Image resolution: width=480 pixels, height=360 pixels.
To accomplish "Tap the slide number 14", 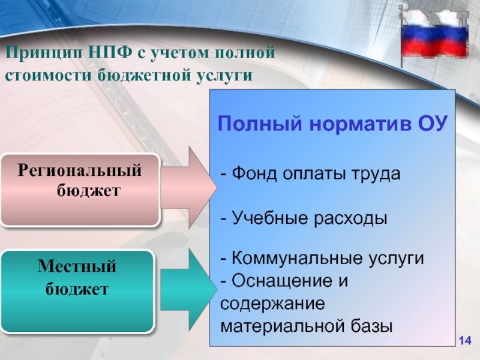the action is [x=464, y=341].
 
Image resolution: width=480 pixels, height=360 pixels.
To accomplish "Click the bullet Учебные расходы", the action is [x=304, y=218].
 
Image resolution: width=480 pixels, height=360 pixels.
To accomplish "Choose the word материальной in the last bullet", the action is [x=281, y=326].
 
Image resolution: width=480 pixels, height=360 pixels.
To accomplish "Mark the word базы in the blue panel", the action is [x=370, y=326].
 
